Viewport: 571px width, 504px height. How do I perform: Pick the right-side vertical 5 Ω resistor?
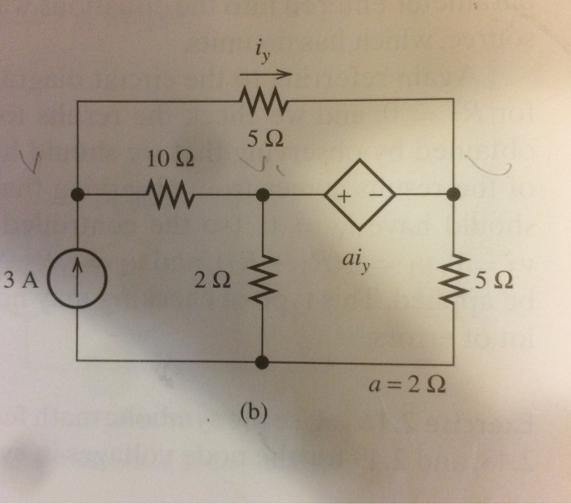coord(453,280)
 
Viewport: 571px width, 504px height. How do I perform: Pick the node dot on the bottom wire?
coord(263,360)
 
